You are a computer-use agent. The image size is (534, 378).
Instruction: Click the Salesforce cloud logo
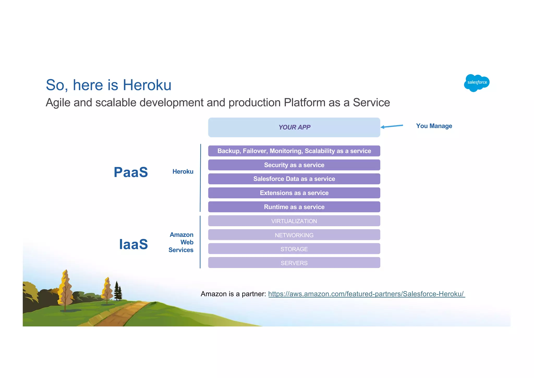(x=477, y=83)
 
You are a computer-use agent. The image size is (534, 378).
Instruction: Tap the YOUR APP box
(x=294, y=127)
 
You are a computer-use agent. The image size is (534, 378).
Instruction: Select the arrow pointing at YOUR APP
(x=392, y=126)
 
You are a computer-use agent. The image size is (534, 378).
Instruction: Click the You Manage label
(x=434, y=126)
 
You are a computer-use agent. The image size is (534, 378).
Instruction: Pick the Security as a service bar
(x=294, y=165)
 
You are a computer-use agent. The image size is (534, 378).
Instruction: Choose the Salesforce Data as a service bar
(x=294, y=179)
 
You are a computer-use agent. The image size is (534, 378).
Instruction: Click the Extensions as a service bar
(x=294, y=193)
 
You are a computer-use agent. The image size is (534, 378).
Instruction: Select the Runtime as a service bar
(x=294, y=207)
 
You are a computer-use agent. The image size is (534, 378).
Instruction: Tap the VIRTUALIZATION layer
(x=294, y=221)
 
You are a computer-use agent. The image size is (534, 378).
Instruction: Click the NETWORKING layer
(x=294, y=235)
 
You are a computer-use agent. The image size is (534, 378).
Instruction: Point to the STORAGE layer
(x=294, y=249)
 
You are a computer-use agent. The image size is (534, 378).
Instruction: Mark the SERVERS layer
(x=294, y=263)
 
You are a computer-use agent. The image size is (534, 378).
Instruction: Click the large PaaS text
(x=131, y=172)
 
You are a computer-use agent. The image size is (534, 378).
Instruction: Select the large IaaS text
(x=133, y=244)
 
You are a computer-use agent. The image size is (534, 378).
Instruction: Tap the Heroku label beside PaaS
(x=183, y=172)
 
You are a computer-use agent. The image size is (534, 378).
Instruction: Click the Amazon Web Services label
(x=181, y=242)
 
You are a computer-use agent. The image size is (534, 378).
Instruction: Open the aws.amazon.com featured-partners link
(x=366, y=294)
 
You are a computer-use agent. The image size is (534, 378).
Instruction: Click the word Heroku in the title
(x=147, y=85)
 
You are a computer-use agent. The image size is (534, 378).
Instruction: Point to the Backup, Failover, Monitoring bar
(x=294, y=151)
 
